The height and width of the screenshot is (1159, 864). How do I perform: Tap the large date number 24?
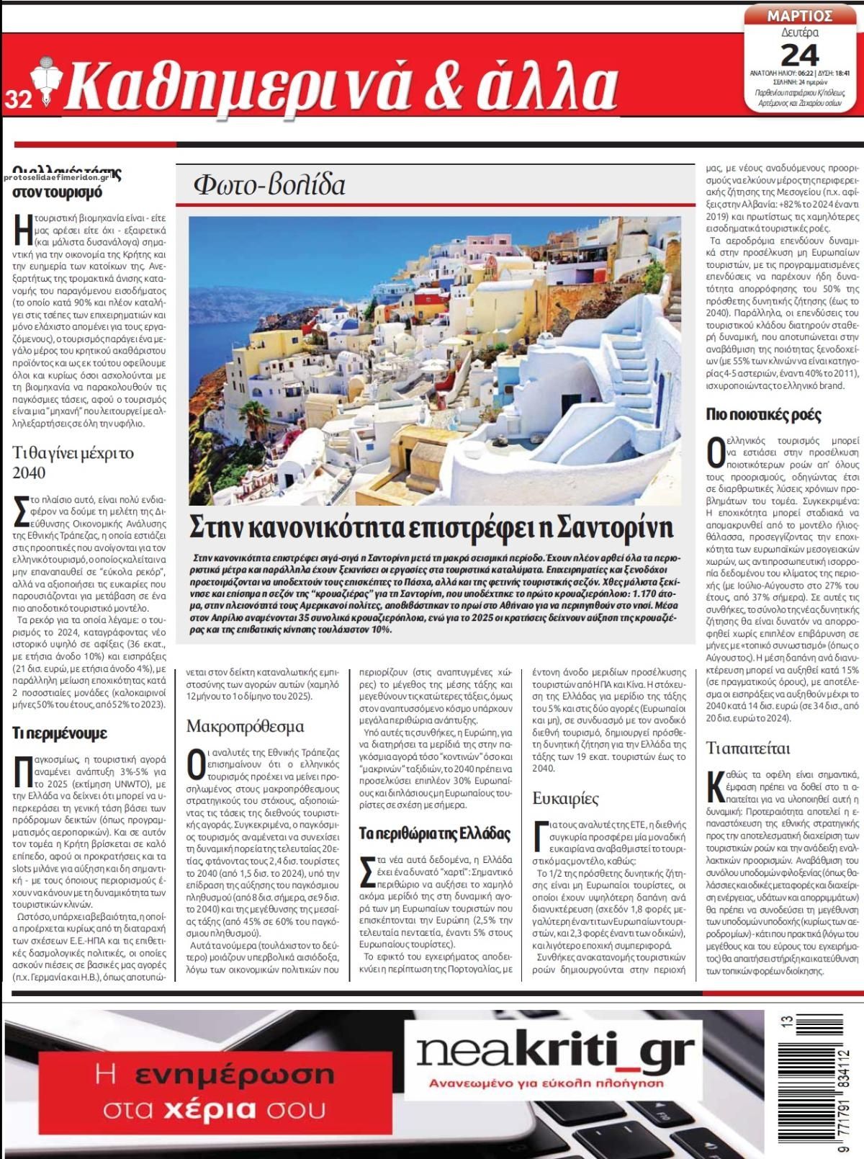click(x=799, y=55)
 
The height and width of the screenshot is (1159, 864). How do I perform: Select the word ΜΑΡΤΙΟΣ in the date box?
click(x=799, y=16)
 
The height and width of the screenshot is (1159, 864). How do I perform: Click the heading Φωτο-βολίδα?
click(x=269, y=186)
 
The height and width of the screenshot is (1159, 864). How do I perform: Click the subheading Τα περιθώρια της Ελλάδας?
click(x=436, y=833)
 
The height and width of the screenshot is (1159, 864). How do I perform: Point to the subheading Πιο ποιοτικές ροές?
click(x=764, y=414)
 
